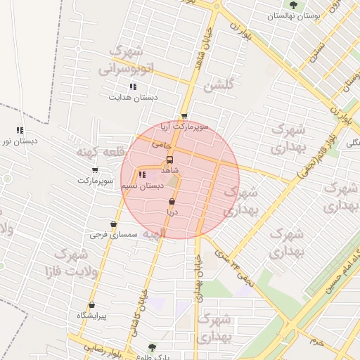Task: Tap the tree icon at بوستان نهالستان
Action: (x=293, y=4)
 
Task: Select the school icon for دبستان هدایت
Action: (x=133, y=86)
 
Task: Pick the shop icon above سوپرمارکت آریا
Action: (x=184, y=117)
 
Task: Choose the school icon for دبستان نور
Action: (x=20, y=130)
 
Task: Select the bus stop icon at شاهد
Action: (x=169, y=160)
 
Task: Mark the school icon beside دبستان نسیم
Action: (x=142, y=174)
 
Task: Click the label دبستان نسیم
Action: (x=143, y=186)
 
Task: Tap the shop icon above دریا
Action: (x=172, y=202)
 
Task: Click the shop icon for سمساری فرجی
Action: (x=112, y=224)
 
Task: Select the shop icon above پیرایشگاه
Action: (x=91, y=305)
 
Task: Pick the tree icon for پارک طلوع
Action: (x=152, y=347)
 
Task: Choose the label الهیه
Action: (x=153, y=233)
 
